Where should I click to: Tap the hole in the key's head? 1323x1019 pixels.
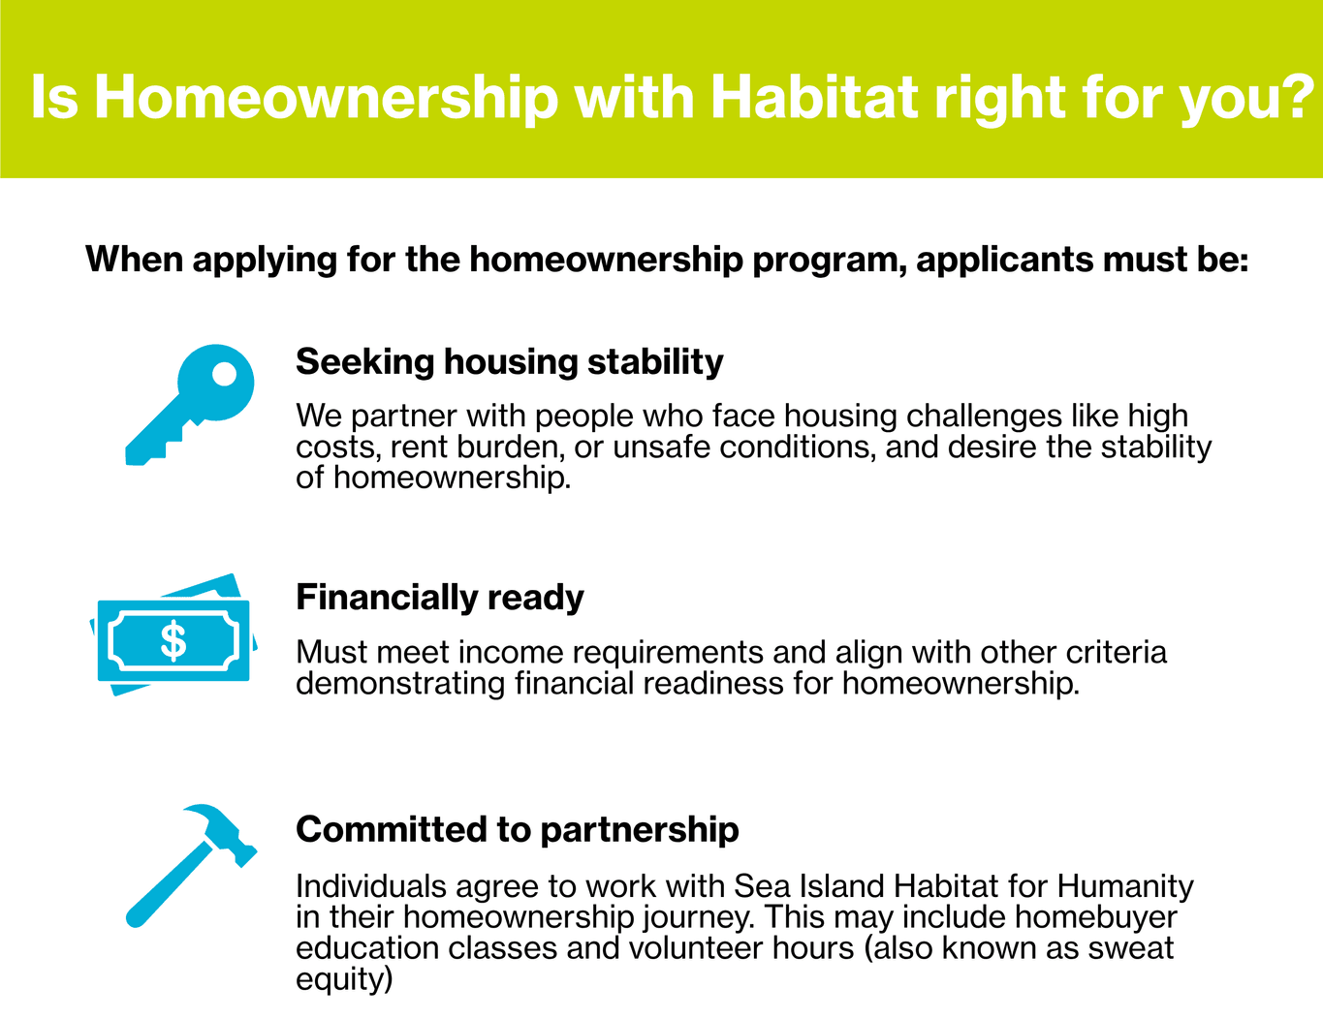click(224, 374)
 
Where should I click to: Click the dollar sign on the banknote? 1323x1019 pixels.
click(173, 640)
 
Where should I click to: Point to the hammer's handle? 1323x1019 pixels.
click(170, 884)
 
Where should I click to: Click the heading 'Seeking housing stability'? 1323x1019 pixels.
click(510, 362)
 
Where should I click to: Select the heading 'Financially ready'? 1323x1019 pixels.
click(440, 598)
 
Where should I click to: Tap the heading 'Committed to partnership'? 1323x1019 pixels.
click(518, 829)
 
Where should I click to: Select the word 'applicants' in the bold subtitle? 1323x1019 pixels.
click(1004, 260)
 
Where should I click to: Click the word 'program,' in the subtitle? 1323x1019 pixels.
click(830, 261)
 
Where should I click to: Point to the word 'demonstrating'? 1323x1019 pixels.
click(400, 684)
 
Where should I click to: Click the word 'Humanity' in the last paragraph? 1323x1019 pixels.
click(1125, 886)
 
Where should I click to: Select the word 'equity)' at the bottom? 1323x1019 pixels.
click(344, 980)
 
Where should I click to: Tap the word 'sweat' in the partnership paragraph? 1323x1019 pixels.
click(1131, 948)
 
